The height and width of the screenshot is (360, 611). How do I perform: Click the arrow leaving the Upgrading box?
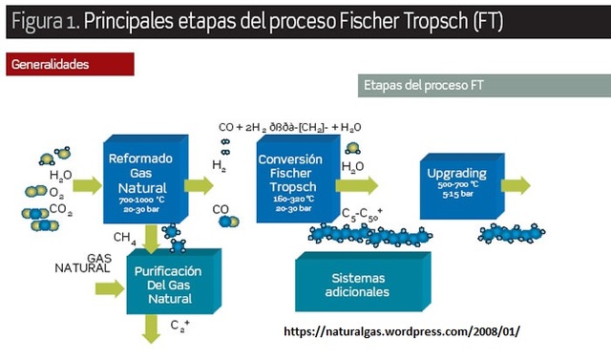pos(516,185)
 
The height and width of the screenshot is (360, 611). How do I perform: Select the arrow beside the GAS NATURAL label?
pos(111,287)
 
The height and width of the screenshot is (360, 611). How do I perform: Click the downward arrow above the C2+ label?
pos(151,329)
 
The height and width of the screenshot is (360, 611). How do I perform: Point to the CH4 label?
pos(124,237)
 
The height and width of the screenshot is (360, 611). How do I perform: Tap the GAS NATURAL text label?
pos(80,263)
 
